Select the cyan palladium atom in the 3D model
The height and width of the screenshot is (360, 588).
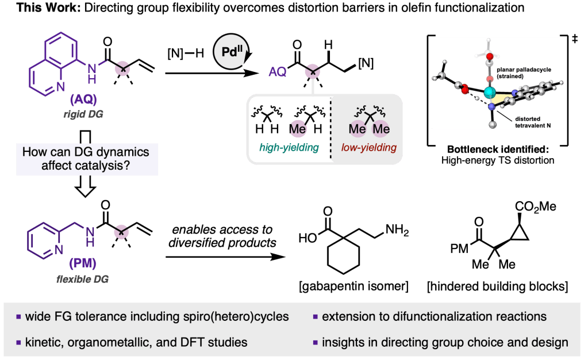pyautogui.click(x=490, y=93)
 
